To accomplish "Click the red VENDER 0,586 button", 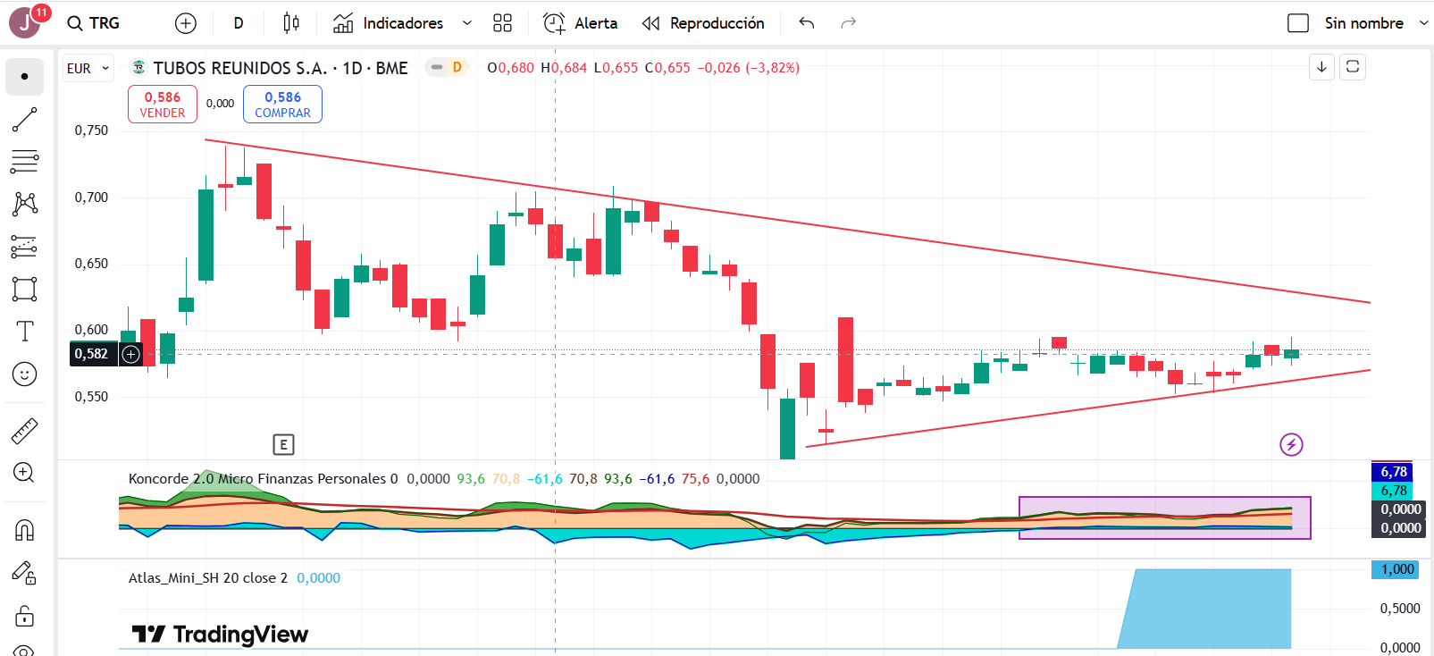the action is [x=163, y=105].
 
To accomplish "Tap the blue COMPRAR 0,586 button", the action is [x=282, y=105].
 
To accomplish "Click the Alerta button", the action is [x=580, y=24].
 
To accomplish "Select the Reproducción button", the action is [x=703, y=24].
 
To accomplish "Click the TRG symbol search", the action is [x=94, y=24].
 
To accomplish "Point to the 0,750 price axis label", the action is [x=91, y=130].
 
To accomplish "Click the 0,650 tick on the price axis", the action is [x=91, y=264].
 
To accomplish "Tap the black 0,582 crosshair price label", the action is [x=91, y=354].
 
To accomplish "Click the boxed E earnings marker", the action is [x=283, y=444].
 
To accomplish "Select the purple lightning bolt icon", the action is [x=1291, y=444].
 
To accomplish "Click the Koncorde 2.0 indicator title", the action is [x=171, y=479].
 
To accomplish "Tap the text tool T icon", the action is [x=25, y=332].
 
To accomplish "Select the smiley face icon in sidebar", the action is [x=25, y=374].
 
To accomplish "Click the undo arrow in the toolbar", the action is [x=807, y=24].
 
